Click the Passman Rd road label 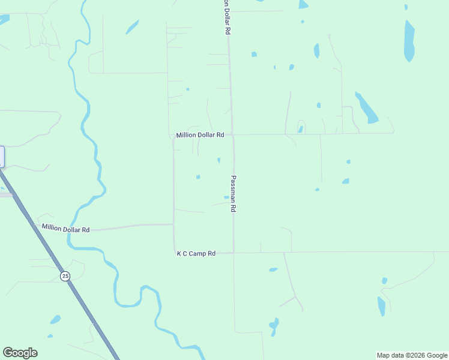[x=234, y=193]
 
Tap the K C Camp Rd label [x=196, y=254]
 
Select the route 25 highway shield [x=65, y=275]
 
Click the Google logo [x=20, y=353]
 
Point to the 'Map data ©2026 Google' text [x=412, y=355]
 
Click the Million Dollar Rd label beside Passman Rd [x=200, y=136]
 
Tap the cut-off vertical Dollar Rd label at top [x=227, y=17]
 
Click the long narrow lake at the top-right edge [x=409, y=41]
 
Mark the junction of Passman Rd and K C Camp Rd [x=234, y=253]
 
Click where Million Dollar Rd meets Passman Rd [x=233, y=134]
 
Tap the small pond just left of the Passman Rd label [x=226, y=197]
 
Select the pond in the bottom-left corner [x=55, y=319]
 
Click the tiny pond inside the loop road [x=300, y=129]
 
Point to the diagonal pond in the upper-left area [x=132, y=27]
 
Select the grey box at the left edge [x=2, y=157]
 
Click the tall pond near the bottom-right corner [x=381, y=306]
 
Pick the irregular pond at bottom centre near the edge [x=274, y=326]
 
